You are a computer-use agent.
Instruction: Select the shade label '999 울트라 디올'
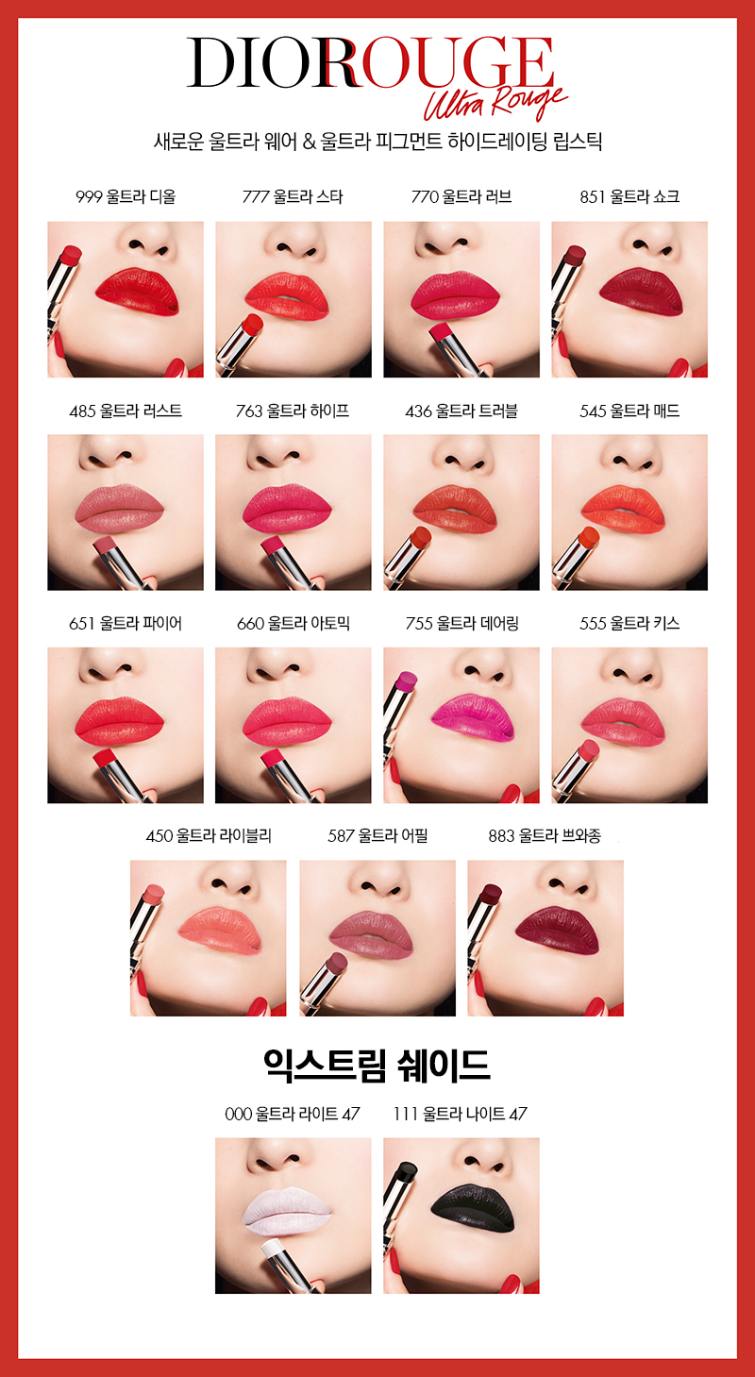pos(126,196)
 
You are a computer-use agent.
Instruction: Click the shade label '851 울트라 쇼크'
pos(629,196)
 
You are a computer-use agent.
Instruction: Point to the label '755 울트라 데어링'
pos(461,623)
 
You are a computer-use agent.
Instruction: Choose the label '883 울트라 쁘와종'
pos(545,836)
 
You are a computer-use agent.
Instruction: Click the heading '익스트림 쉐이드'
pos(377,1066)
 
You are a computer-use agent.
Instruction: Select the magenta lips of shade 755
pos(472,715)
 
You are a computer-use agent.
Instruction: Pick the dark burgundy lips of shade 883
pos(557,929)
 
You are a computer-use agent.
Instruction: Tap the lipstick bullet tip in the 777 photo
pos(253,324)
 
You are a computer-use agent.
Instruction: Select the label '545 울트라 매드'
pos(629,411)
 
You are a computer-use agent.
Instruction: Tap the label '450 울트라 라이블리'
pos(209,836)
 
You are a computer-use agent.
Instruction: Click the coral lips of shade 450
pos(220,930)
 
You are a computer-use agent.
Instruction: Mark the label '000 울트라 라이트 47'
pos(293,1114)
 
